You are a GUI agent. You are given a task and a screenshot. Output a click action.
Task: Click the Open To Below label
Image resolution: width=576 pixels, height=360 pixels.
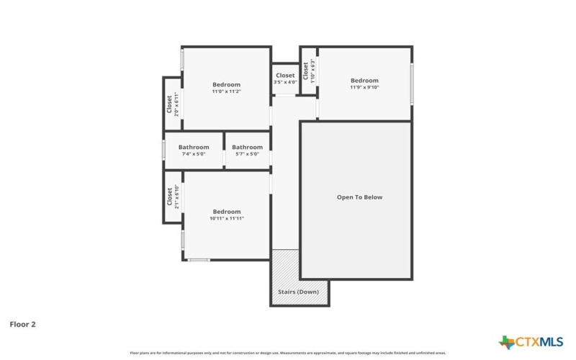pyautogui.click(x=360, y=197)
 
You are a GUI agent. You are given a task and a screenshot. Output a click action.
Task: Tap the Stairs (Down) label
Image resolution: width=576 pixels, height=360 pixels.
pyautogui.click(x=298, y=292)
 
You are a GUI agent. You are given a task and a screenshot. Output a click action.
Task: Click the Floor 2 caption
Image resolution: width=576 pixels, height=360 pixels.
pyautogui.click(x=22, y=324)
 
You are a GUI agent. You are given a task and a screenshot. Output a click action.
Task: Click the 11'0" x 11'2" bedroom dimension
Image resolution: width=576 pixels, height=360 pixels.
pyautogui.click(x=226, y=91)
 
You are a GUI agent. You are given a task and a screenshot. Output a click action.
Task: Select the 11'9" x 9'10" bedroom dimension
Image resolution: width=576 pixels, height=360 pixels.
pyautogui.click(x=364, y=87)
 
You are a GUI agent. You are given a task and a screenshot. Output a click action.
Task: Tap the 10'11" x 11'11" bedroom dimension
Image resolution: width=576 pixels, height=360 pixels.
pyautogui.click(x=227, y=218)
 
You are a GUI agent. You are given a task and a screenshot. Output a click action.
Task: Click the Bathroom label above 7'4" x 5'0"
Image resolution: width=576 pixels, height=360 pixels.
pyautogui.click(x=194, y=147)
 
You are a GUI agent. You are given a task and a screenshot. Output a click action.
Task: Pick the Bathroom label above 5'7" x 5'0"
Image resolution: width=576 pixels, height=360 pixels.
pyautogui.click(x=247, y=147)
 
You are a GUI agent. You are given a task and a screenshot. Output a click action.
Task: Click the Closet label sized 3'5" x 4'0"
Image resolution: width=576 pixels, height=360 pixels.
pyautogui.click(x=285, y=76)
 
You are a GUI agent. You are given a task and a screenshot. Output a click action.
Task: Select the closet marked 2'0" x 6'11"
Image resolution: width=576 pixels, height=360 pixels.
pyautogui.click(x=173, y=104)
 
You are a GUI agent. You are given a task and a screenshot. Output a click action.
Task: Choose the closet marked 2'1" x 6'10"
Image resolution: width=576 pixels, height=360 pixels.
pyautogui.click(x=173, y=197)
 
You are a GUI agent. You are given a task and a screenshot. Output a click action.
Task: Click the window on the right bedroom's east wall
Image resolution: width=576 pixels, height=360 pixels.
pyautogui.click(x=412, y=84)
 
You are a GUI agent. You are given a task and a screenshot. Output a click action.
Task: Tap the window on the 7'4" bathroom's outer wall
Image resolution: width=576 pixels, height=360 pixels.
pyautogui.click(x=164, y=150)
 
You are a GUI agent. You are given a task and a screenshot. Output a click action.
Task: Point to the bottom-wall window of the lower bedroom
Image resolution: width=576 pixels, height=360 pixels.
pyautogui.click(x=199, y=259)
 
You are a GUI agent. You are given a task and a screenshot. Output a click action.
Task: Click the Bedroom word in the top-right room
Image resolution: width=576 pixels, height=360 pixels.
pyautogui.click(x=364, y=80)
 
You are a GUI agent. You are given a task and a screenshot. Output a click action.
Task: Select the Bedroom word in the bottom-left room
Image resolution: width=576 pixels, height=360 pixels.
pyautogui.click(x=227, y=212)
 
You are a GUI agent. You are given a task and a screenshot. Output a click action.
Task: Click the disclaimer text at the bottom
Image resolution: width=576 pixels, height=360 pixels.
pyautogui.click(x=288, y=354)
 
